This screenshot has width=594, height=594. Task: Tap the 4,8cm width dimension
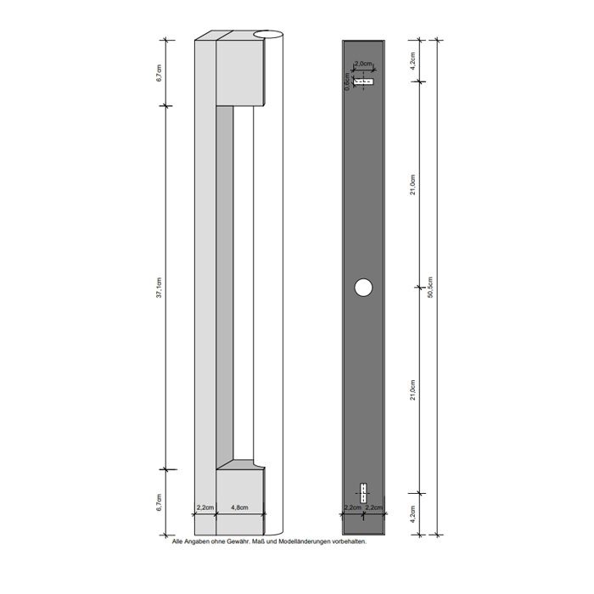(x=239, y=507)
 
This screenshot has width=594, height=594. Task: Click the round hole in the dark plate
(x=363, y=289)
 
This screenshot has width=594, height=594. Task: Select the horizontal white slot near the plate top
(x=364, y=81)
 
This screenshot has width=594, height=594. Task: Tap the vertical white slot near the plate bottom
(x=363, y=493)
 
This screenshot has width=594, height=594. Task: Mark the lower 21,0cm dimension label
(x=412, y=390)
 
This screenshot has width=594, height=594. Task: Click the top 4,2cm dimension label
(x=412, y=59)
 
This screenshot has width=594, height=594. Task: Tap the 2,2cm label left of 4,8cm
(x=205, y=507)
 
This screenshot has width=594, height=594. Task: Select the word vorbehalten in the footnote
(x=348, y=541)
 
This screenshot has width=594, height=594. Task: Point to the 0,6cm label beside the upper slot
(x=347, y=81)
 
